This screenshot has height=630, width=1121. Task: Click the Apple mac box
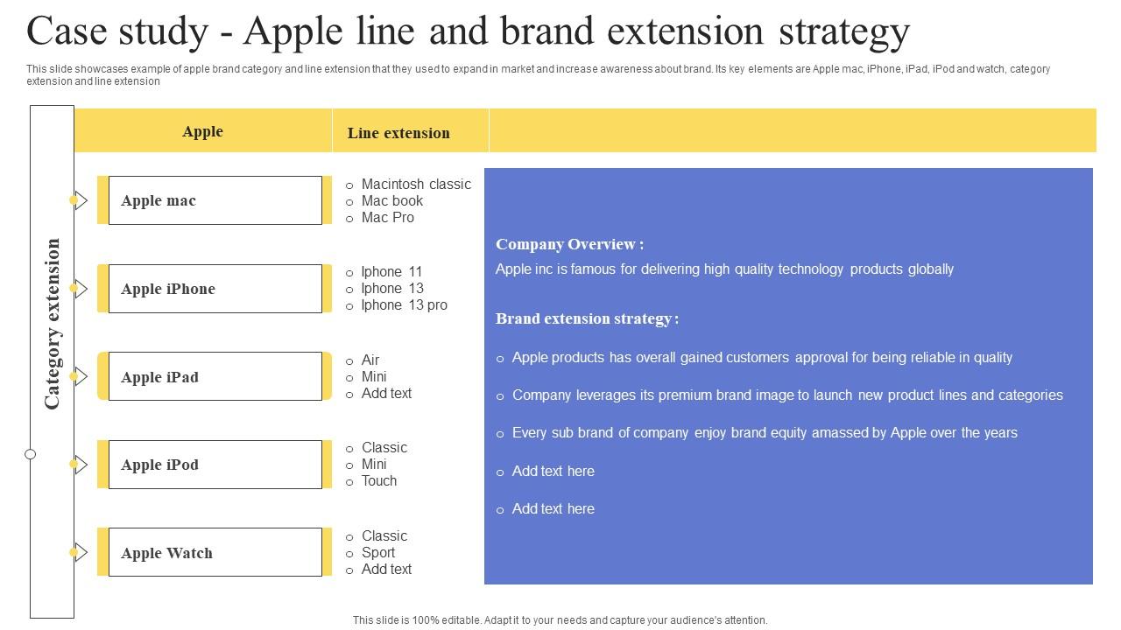(215, 200)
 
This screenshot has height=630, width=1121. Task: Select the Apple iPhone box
(215, 289)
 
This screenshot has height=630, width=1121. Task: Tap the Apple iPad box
(215, 377)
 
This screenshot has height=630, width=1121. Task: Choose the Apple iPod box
(215, 465)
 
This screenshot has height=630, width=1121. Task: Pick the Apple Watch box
(215, 553)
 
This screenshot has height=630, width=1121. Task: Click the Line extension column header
(398, 133)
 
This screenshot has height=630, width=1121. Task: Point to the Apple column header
(202, 132)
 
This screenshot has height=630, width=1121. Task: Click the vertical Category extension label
(53, 324)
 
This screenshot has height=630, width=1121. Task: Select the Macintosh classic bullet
(415, 185)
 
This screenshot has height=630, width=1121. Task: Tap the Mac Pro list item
(387, 218)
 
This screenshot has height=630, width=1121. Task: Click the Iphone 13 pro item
(404, 305)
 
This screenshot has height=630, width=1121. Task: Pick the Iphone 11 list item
(391, 272)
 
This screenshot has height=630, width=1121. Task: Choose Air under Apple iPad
(370, 360)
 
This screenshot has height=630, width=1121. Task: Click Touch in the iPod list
(378, 481)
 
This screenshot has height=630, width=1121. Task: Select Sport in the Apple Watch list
(377, 553)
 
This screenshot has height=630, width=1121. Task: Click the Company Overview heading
(569, 245)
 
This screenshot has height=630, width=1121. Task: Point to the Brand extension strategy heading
(587, 319)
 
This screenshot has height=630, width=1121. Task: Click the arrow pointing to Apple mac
(81, 200)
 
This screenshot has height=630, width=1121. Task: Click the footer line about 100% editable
(560, 620)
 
